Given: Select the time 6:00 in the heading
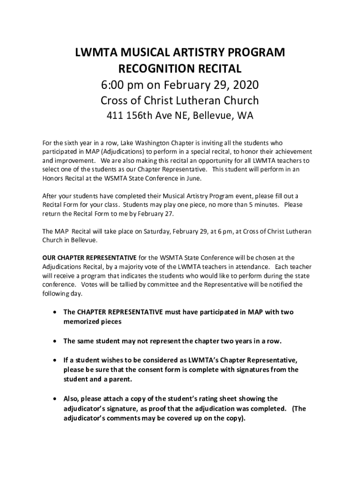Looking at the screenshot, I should tap(115, 85).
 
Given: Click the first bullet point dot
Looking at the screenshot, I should tap(56, 312).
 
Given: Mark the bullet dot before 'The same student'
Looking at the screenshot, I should tap(56, 341).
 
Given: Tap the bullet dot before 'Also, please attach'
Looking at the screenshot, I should tap(56, 399).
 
